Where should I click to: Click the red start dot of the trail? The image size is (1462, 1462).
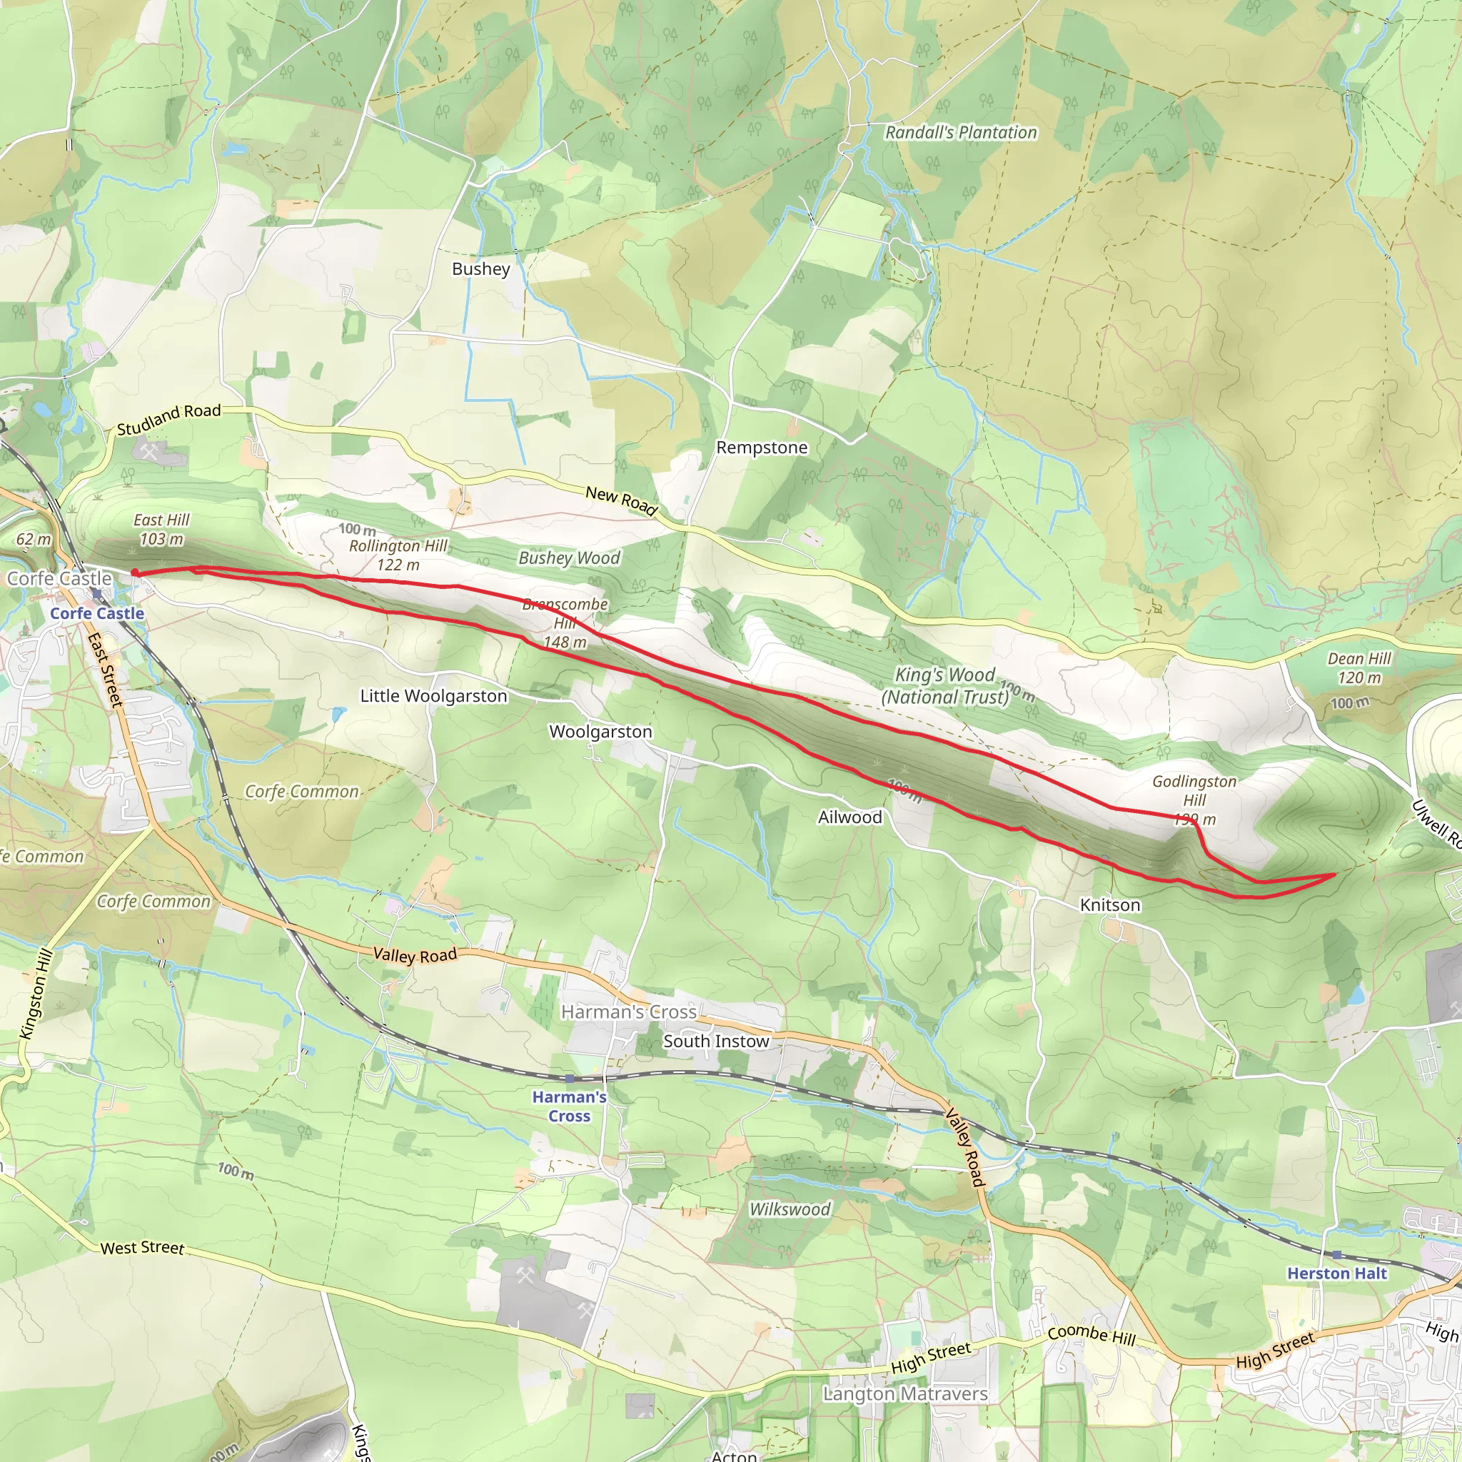135,573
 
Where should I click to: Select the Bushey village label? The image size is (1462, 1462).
480,268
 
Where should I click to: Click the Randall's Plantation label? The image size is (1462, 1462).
960,133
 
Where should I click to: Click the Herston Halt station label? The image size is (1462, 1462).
1337,1274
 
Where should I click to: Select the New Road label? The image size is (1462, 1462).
620,500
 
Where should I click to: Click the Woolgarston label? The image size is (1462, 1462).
600,732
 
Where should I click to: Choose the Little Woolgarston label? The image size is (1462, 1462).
433,696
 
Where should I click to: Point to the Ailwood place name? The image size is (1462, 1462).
850,817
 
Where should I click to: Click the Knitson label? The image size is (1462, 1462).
1109,905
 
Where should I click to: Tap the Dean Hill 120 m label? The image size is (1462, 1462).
1359,668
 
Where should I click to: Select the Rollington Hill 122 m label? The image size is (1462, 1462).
398,555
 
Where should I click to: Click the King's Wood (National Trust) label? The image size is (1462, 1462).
945,685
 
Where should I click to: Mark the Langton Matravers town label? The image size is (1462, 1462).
905,1394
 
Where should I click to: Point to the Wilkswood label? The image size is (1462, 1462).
790,1209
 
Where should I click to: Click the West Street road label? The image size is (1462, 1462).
142,1247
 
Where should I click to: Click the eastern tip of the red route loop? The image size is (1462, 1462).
1334,874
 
